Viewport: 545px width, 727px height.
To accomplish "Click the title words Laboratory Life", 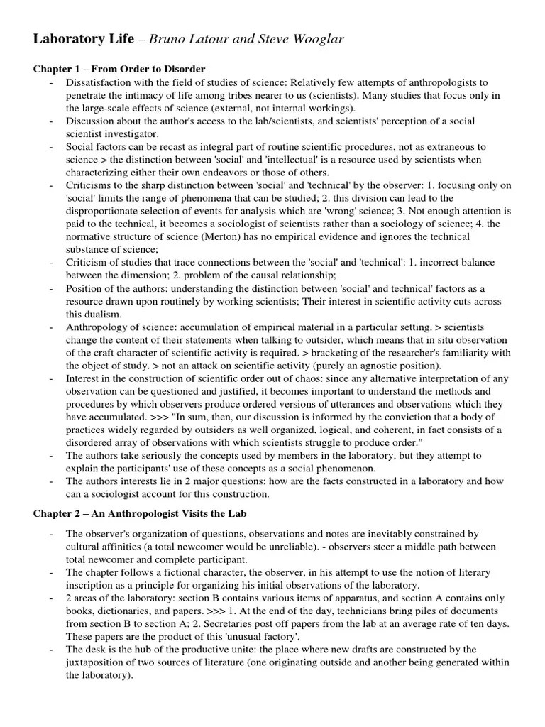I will (x=84, y=39).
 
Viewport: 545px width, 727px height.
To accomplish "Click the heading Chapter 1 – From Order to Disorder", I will (x=119, y=69).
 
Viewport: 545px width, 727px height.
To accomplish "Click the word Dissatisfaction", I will (x=99, y=82).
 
